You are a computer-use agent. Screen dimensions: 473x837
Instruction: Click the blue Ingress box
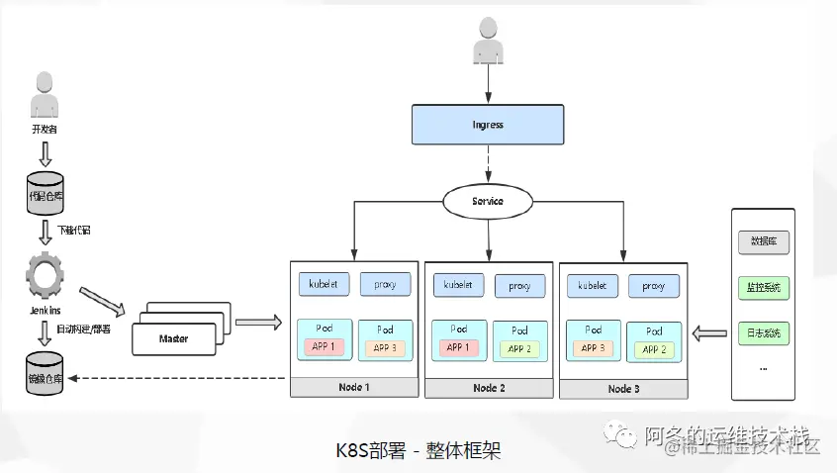pos(488,126)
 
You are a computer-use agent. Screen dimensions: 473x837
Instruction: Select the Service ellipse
pos(487,201)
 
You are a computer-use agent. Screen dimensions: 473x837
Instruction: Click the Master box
pos(174,338)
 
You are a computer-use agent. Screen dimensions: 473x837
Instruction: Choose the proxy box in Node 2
pos(519,286)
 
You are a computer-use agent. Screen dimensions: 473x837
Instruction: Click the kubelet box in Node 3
pos(592,285)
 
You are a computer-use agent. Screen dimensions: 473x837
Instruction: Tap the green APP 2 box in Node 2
pos(519,348)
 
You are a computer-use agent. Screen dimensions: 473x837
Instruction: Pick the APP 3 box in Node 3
pos(592,348)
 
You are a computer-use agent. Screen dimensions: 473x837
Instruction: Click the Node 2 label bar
pos(489,388)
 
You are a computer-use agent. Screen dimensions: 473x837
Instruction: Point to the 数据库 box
pos(763,241)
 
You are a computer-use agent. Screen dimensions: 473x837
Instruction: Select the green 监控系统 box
pos(763,288)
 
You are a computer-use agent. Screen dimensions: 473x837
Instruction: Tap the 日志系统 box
pos(763,333)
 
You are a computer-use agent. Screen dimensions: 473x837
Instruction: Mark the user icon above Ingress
pos(488,43)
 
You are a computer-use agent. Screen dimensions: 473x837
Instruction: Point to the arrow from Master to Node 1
pos(259,322)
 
